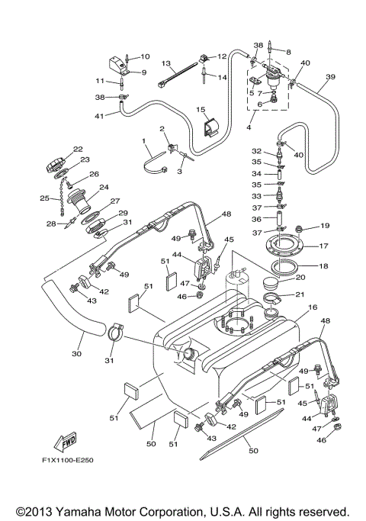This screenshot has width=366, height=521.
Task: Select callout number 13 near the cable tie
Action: pyautogui.click(x=165, y=64)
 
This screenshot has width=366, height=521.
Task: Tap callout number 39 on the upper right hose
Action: pyautogui.click(x=329, y=77)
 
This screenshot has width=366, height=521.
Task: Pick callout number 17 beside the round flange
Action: pyautogui.click(x=323, y=246)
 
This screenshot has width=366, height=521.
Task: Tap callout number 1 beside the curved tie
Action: pyautogui.click(x=143, y=141)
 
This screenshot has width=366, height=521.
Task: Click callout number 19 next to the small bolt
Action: pyautogui.click(x=325, y=226)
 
